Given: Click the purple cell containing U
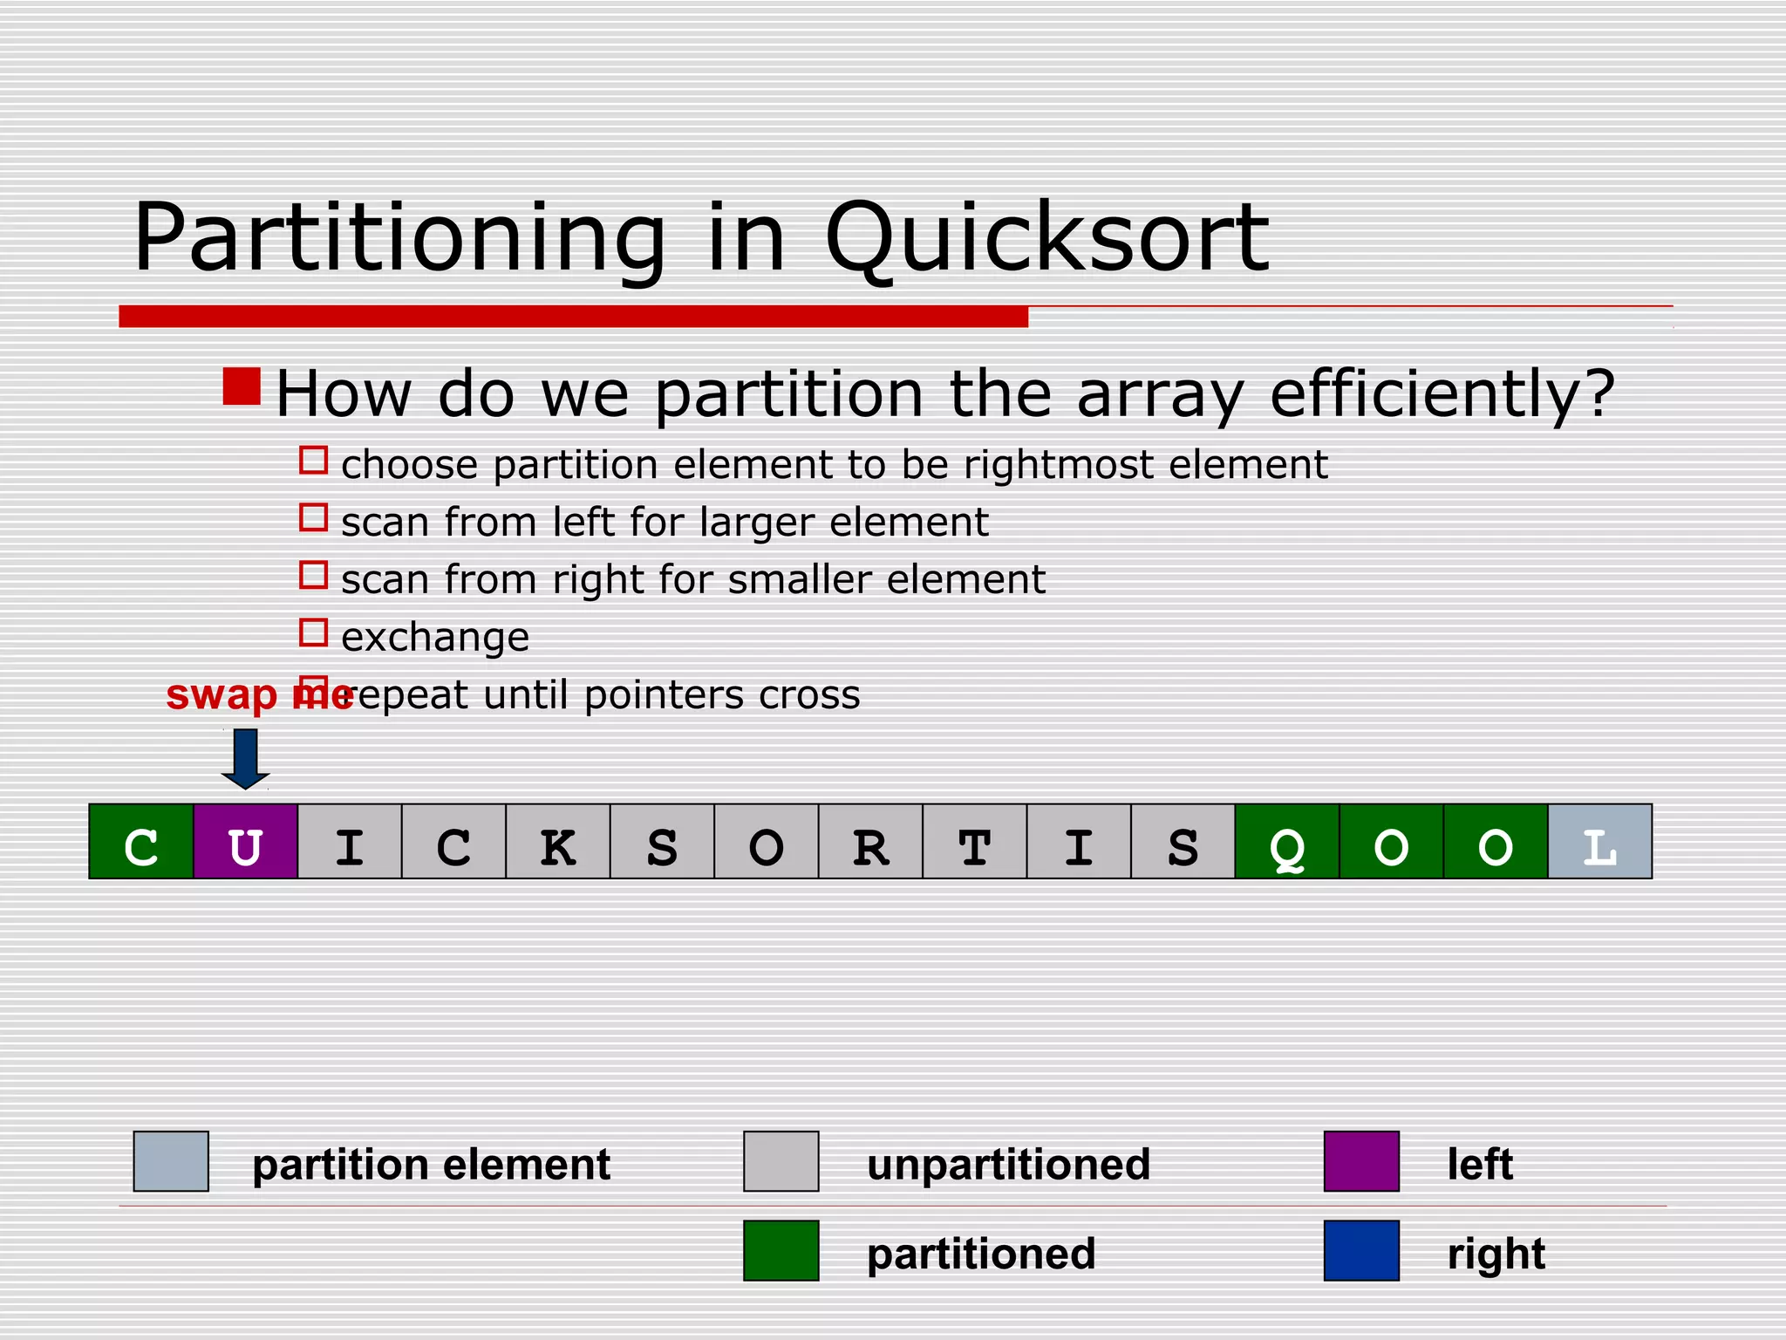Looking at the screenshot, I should [245, 841].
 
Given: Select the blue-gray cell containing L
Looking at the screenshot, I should [1599, 841].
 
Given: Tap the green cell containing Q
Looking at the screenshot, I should [1286, 841].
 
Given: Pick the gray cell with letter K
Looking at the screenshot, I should [557, 841].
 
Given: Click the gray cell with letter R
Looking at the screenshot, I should [869, 841].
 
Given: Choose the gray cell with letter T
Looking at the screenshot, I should [974, 841].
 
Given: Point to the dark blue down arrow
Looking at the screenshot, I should [245, 758].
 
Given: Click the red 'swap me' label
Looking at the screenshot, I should [258, 695].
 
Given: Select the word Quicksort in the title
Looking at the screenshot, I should [1046, 237].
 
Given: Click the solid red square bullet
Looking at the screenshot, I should [242, 386].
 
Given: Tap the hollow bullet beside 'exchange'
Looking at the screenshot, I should [313, 632].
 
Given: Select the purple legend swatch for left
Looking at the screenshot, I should [1360, 1161].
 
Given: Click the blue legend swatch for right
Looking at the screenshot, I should [1360, 1250].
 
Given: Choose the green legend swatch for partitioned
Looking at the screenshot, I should [781, 1250].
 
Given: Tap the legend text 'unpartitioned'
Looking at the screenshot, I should [1008, 1165].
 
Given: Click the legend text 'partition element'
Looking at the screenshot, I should [431, 1165].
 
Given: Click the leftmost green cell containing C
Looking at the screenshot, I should [141, 841].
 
